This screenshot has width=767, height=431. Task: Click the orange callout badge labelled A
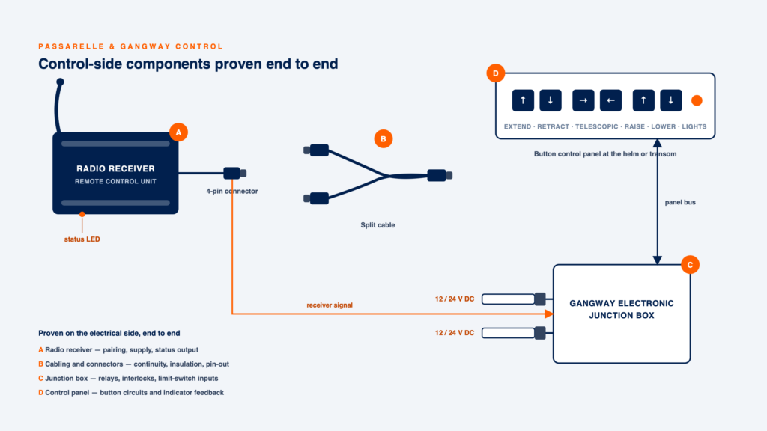pyautogui.click(x=178, y=132)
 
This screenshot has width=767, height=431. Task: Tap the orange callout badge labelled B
pyautogui.click(x=383, y=138)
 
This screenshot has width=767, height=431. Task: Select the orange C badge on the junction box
pyautogui.click(x=690, y=265)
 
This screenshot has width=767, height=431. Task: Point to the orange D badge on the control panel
pyautogui.click(x=496, y=73)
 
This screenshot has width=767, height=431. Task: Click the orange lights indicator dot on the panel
pyautogui.click(x=697, y=100)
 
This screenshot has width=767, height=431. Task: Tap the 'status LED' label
pyautogui.click(x=82, y=239)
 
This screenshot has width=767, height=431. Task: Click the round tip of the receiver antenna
pyautogui.click(x=60, y=82)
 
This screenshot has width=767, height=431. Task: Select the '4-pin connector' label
pyautogui.click(x=232, y=191)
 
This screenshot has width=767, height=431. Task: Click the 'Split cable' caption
pyautogui.click(x=378, y=224)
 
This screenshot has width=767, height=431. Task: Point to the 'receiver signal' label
pyautogui.click(x=330, y=305)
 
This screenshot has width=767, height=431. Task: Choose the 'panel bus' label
pyautogui.click(x=680, y=202)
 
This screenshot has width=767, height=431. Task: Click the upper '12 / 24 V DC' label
pyautogui.click(x=455, y=299)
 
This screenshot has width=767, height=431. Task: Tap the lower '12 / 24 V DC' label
pyautogui.click(x=455, y=333)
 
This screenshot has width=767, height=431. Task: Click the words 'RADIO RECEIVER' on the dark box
pyautogui.click(x=115, y=168)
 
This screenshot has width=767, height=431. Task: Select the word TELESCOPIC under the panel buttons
pyautogui.click(x=596, y=126)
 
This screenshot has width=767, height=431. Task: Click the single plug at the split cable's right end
pyautogui.click(x=440, y=175)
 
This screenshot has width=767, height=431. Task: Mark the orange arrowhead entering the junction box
pyautogui.click(x=549, y=314)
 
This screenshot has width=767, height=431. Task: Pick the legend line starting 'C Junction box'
pyautogui.click(x=128, y=378)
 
